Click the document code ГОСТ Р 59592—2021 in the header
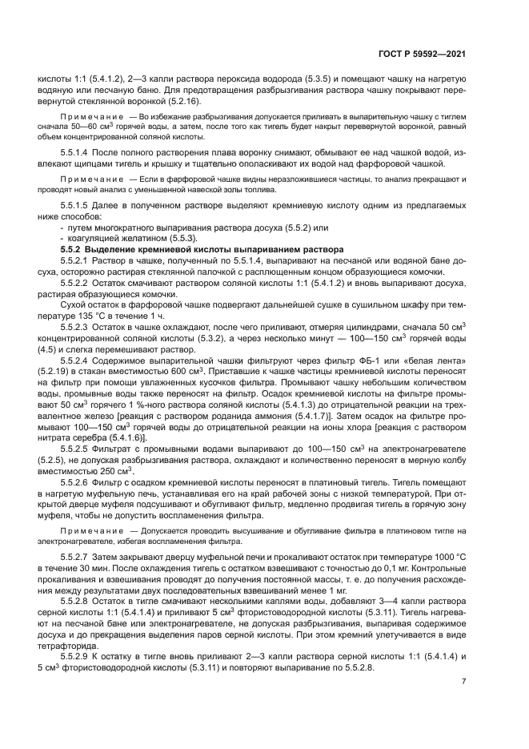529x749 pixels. click(x=422, y=54)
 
